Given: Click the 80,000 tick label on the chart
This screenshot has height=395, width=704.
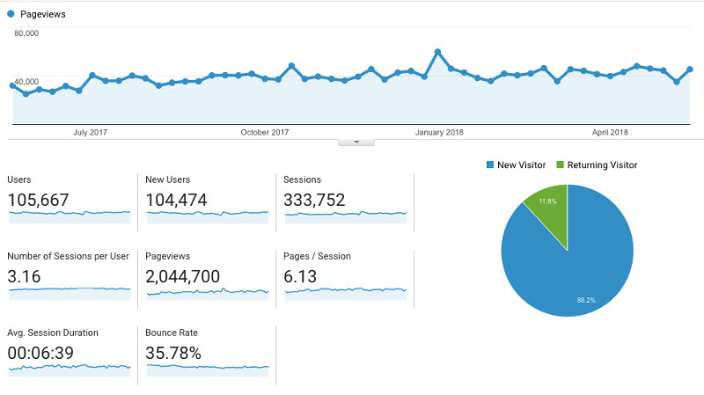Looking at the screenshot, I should click(26, 33).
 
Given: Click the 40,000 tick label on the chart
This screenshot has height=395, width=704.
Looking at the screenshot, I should click(26, 81).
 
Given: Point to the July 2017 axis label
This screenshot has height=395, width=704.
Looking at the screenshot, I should click(90, 133).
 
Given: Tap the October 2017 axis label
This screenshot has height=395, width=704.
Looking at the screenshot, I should click(265, 133).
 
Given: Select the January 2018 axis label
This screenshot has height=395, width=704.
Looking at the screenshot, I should click(439, 133).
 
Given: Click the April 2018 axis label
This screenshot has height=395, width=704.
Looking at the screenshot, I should click(610, 133).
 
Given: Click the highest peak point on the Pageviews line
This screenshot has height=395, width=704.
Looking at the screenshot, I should click(437, 52).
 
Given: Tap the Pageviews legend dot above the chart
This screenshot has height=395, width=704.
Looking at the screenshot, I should click(11, 15).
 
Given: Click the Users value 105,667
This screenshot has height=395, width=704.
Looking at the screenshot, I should click(38, 201).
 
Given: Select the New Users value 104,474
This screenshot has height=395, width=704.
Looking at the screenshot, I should click(176, 201).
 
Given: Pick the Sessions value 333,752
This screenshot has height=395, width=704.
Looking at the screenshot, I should click(314, 201).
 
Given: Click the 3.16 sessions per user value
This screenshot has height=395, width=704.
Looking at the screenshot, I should click(24, 277).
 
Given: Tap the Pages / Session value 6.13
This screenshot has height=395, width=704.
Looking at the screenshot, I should click(300, 277).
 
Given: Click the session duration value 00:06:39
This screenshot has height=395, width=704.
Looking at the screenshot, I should click(40, 354).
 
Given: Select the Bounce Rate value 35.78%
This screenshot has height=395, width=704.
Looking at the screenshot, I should click(174, 354).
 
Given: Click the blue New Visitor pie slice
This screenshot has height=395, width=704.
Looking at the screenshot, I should click(576, 264).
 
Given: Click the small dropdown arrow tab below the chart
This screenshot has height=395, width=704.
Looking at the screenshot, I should click(356, 141).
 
